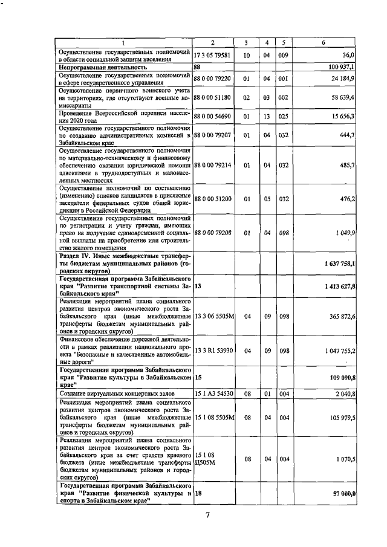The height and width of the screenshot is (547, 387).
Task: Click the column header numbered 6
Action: click(x=324, y=42)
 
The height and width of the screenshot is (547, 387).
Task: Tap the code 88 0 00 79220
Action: click(x=212, y=78)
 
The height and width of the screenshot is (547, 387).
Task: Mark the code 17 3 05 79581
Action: click(x=212, y=54)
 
